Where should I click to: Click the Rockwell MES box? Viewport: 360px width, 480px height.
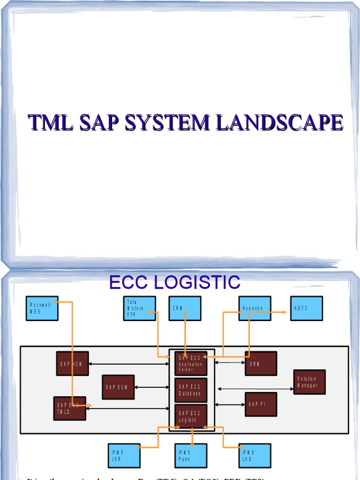click(x=42, y=308)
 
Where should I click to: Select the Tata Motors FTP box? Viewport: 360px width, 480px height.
click(x=140, y=308)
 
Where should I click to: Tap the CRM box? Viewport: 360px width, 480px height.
click(x=185, y=308)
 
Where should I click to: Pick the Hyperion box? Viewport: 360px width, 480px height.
click(x=255, y=308)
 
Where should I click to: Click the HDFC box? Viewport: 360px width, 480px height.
click(x=306, y=308)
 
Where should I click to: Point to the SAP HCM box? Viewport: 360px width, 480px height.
click(x=72, y=363)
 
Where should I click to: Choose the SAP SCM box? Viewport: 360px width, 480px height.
click(x=118, y=387)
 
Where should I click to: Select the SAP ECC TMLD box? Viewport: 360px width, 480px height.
click(x=70, y=408)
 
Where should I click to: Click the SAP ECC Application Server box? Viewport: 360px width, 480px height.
click(x=191, y=363)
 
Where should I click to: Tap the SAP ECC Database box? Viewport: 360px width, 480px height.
click(x=191, y=390)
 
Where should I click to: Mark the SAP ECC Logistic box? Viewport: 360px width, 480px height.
click(x=191, y=416)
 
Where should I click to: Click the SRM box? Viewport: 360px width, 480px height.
click(x=261, y=363)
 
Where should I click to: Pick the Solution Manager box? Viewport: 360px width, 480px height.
click(x=309, y=382)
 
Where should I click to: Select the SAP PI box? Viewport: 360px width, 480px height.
click(x=261, y=404)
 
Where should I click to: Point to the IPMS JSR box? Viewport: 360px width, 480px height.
click(x=124, y=456)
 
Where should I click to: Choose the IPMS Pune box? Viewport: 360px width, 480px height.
click(x=191, y=456)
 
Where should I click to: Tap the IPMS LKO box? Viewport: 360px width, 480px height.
click(x=255, y=456)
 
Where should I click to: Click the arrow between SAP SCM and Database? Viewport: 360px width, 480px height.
click(x=152, y=387)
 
